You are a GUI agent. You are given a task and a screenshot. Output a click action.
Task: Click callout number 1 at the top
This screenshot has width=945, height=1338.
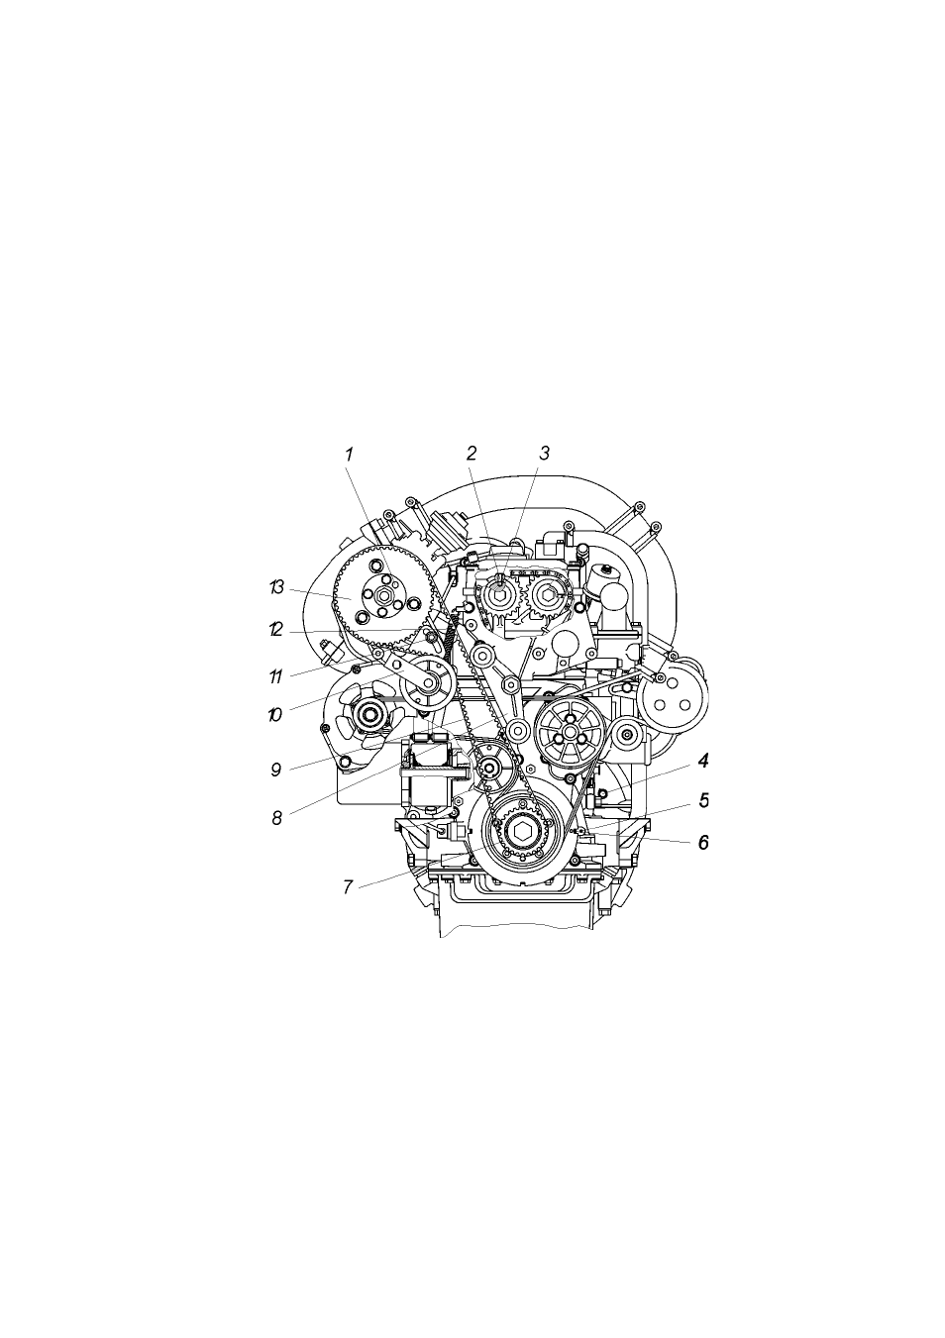349,454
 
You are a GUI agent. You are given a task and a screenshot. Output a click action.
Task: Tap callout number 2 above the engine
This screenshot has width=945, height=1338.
472,454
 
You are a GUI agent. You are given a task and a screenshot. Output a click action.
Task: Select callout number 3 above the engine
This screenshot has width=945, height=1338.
544,454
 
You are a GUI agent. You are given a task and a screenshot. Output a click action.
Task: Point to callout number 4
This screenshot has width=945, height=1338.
703,761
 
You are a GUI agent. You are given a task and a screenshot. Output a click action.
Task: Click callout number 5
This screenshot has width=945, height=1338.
703,800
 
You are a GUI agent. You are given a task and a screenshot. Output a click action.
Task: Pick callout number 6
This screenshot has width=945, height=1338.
703,843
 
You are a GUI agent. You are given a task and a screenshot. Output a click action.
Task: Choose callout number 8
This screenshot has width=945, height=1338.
276,818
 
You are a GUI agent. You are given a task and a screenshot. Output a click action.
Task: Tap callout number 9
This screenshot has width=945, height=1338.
275,770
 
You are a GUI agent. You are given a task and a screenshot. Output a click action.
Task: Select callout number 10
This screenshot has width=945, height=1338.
274,715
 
